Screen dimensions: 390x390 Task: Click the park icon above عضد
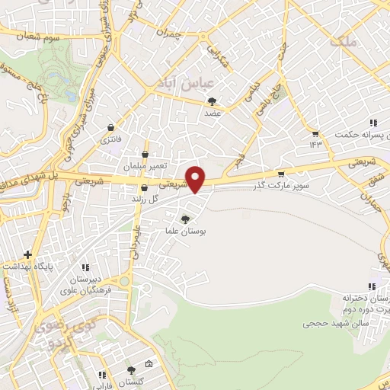[212, 101]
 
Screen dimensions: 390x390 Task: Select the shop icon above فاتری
[112, 128]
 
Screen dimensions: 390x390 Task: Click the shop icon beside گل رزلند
[144, 188]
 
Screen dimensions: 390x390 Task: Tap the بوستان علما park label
[187, 230]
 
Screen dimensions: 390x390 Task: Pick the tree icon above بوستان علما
[186, 219]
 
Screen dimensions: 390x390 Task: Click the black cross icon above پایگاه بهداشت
[28, 254]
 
